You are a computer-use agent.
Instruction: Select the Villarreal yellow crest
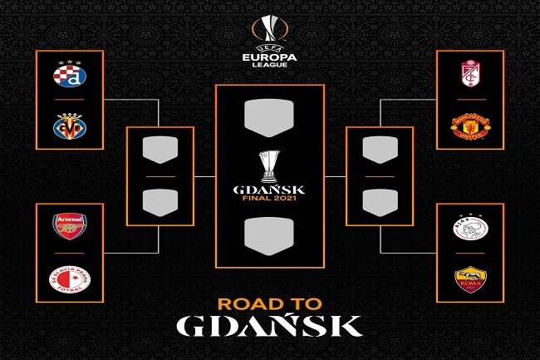click(x=69, y=127)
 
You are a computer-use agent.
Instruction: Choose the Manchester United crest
click(x=470, y=127)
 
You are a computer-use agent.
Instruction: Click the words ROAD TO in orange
click(x=270, y=304)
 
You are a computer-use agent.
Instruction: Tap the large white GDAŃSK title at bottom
click(x=270, y=326)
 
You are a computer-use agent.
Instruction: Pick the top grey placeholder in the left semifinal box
click(x=160, y=150)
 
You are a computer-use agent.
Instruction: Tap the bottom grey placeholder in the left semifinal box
click(x=160, y=200)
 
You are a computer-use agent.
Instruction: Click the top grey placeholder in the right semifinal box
click(x=380, y=150)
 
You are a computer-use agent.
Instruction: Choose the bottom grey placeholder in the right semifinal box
click(x=380, y=200)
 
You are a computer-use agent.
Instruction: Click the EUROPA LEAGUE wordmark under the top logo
click(x=270, y=59)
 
